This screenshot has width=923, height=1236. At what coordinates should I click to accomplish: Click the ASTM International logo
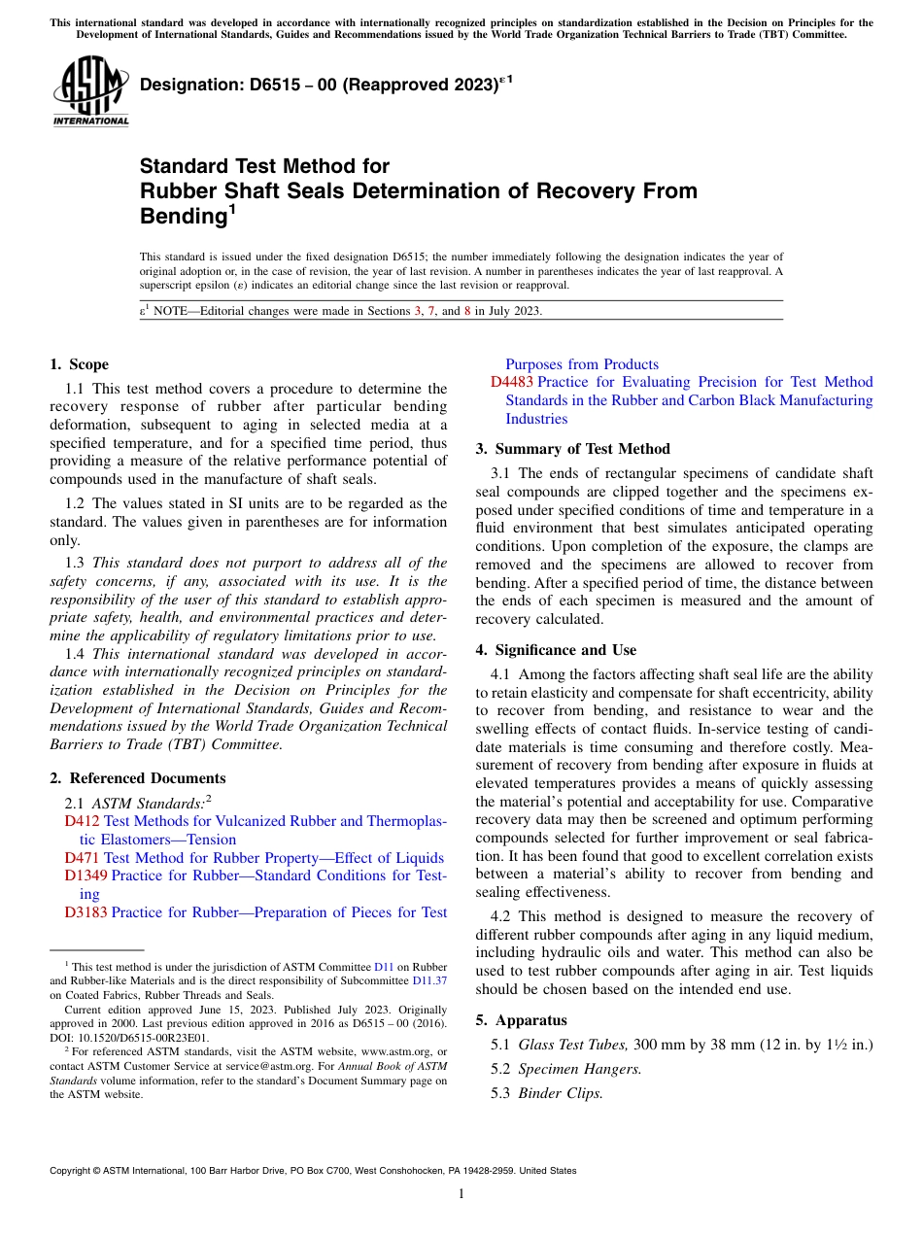(89, 91)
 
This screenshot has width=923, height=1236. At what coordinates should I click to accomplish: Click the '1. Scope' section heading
(79, 364)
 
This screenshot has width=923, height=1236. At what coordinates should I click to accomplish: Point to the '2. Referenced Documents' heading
(137, 778)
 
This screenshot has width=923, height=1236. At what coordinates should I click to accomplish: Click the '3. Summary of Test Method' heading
(572, 449)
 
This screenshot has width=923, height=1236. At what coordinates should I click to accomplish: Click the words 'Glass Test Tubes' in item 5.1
(573, 1045)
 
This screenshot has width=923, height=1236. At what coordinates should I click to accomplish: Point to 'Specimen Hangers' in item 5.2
(579, 1069)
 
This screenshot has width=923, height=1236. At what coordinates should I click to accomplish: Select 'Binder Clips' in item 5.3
(560, 1093)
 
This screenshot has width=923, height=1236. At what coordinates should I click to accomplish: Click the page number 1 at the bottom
(461, 1194)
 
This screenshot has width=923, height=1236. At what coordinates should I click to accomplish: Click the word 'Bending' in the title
(185, 215)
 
